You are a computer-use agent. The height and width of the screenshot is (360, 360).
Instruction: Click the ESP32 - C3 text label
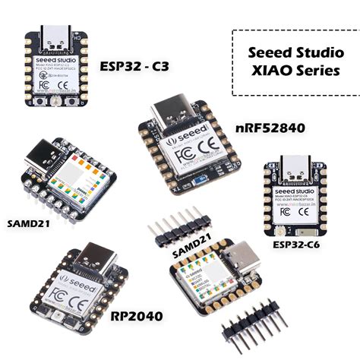(134, 66)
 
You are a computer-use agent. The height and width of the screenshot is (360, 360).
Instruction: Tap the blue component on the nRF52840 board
(199, 182)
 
